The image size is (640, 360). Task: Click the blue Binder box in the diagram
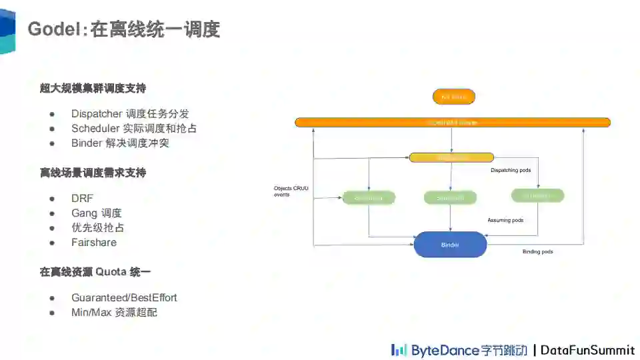450,245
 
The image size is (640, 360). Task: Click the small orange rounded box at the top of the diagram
454,97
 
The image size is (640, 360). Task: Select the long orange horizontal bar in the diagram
453,122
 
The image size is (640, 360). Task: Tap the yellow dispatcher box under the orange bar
451,157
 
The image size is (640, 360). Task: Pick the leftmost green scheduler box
369,197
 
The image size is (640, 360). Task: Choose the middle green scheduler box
450,197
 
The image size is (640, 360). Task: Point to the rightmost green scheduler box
537,195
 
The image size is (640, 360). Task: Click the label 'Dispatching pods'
511,171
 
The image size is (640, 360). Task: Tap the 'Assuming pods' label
505,220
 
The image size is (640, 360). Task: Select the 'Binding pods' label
537,251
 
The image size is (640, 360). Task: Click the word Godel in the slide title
53,30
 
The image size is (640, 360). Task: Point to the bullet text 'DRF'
82,198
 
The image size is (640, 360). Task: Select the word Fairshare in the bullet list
94,242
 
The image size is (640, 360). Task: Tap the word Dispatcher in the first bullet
97,113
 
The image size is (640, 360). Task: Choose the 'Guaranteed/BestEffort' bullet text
124,297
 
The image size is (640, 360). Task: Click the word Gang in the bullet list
84,213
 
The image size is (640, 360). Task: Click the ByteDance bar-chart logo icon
399,350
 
